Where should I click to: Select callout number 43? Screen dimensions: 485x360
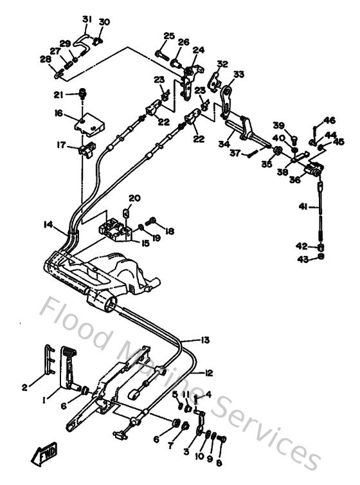click(x=300, y=259)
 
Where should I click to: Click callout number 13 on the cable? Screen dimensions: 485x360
click(x=205, y=340)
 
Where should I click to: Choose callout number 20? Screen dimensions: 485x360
click(x=134, y=197)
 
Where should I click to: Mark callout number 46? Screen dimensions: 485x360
click(x=329, y=120)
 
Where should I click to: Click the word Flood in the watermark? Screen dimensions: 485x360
click(x=76, y=316)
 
